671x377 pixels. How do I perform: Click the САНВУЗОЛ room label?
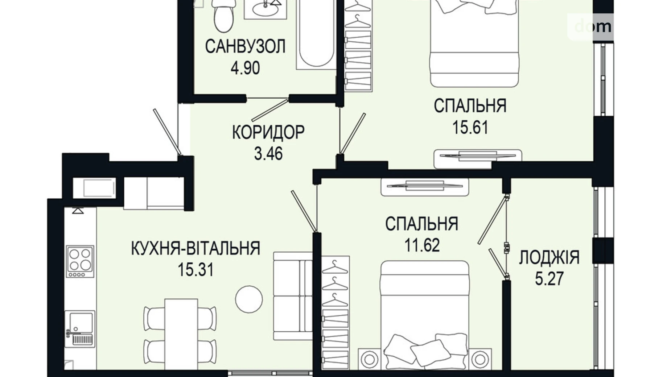245,46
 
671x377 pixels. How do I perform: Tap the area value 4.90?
245,68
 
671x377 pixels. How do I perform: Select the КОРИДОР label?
268,132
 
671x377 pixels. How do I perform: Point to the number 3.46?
268,154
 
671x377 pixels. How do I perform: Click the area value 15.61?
470,128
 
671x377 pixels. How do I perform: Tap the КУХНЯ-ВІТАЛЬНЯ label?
195,248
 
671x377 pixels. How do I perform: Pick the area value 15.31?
195,270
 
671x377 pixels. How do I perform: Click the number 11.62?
422,245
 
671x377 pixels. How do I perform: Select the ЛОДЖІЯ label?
549,258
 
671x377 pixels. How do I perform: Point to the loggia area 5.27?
549,279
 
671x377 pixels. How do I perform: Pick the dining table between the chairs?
181,332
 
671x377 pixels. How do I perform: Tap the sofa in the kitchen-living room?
293,296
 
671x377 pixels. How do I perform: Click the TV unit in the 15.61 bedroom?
477,157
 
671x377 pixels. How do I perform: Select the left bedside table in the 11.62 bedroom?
369,359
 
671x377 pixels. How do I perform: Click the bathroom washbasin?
265,9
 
